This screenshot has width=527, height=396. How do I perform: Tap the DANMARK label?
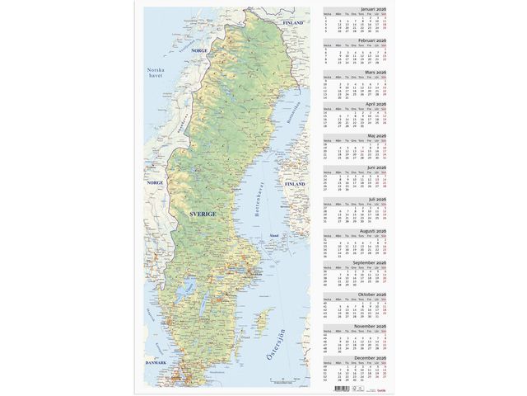click(155, 363)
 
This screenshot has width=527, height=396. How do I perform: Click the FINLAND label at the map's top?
click(293, 23)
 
